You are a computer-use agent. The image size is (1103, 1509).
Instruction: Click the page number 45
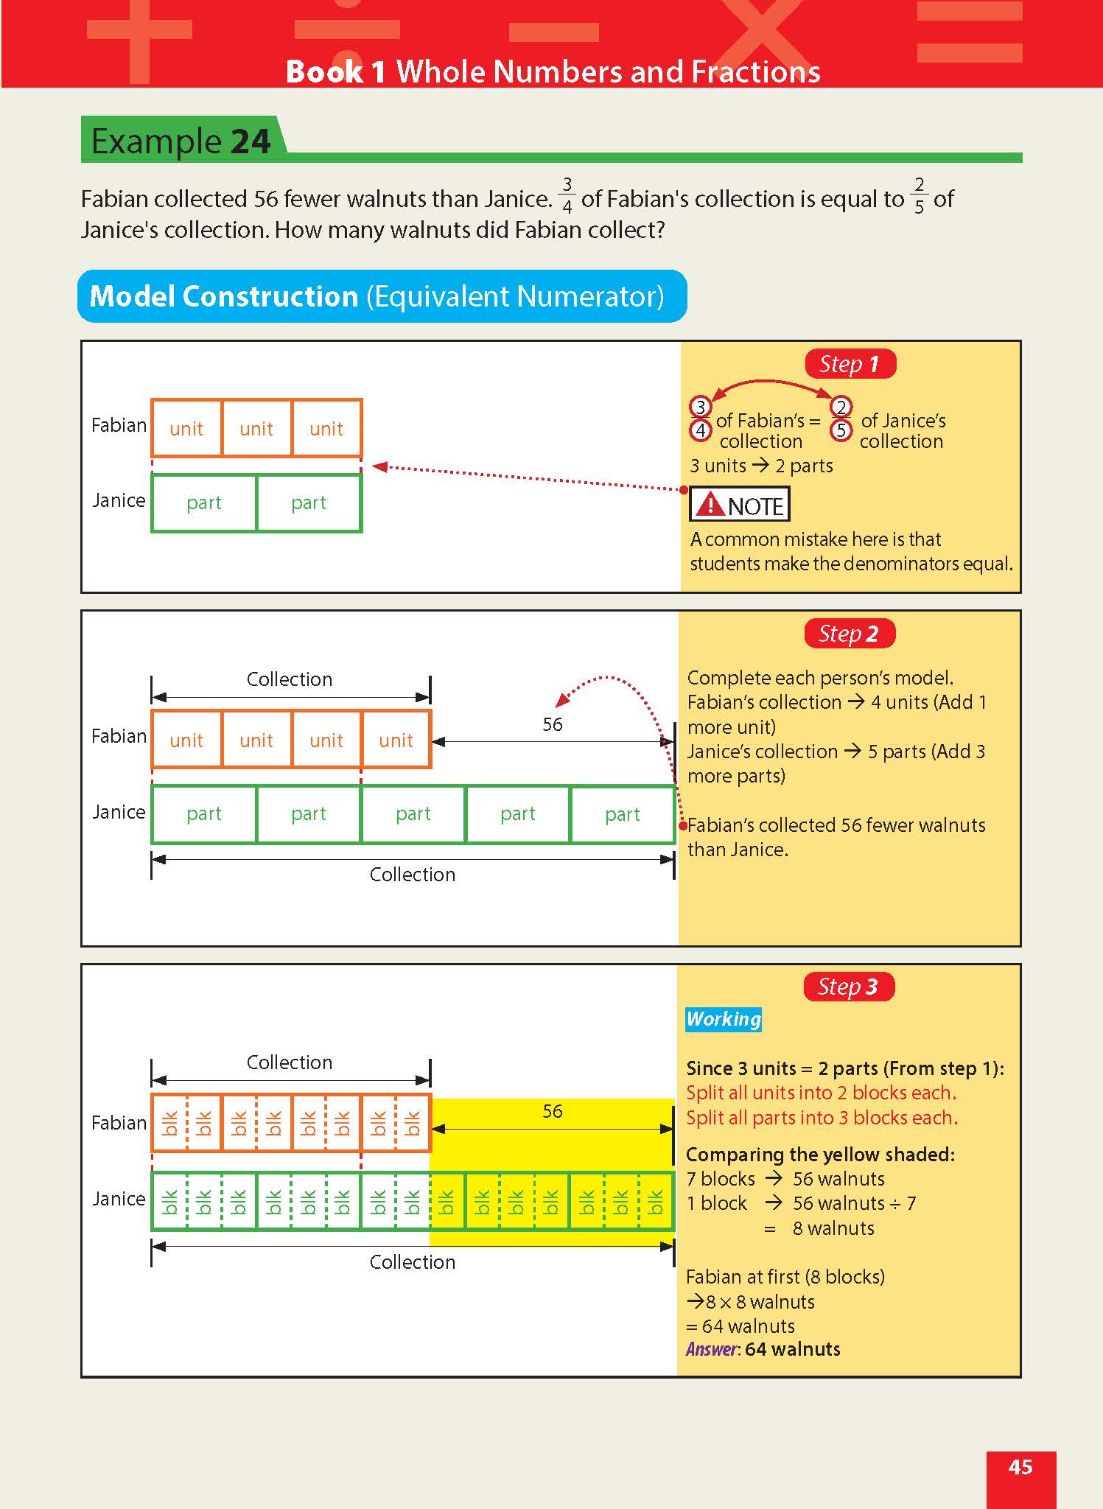tap(1020, 1467)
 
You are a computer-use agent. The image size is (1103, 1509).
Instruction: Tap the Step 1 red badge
tap(850, 364)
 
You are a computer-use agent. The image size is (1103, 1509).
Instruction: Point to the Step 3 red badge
tap(848, 987)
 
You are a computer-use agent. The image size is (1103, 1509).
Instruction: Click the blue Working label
tap(723, 1019)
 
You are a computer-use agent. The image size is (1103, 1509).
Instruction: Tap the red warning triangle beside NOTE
tap(710, 505)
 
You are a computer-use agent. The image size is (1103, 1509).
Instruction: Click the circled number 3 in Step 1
tap(700, 407)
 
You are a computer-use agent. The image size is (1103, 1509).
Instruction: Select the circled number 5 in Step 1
tap(840, 430)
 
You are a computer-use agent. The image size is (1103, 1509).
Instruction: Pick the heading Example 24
tap(181, 141)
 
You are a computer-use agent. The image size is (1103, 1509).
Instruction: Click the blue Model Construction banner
tap(382, 296)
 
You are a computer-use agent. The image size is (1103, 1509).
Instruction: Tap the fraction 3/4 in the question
tap(567, 195)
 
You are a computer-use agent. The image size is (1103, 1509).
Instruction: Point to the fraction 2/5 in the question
tap(919, 195)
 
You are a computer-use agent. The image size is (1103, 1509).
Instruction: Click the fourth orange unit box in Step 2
tap(396, 740)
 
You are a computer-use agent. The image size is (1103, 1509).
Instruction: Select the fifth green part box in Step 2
tap(622, 814)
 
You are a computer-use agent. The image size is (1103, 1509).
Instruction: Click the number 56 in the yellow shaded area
tap(552, 1111)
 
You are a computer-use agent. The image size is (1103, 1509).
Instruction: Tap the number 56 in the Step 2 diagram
tap(552, 724)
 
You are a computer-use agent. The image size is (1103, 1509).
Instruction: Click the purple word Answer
tap(712, 1349)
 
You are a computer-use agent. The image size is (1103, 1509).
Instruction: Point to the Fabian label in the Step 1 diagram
tap(119, 425)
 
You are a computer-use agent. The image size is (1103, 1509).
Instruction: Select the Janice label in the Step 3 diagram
tap(119, 1199)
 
